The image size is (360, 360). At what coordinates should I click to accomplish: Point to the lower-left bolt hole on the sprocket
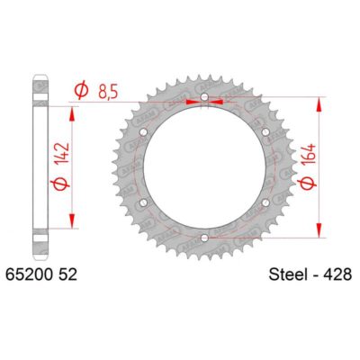143,202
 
